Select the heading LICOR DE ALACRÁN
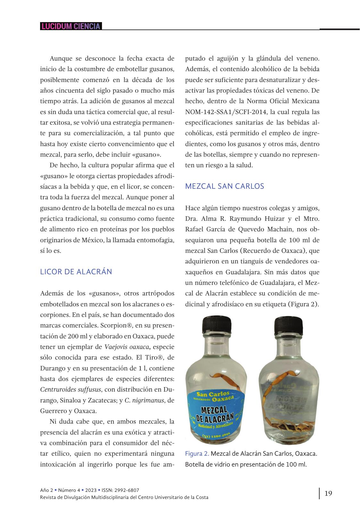[76, 272]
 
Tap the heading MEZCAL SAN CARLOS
[224, 186]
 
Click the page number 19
[328, 493]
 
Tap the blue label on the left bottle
[216, 413]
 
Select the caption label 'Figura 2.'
[197, 454]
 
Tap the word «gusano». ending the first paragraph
[147, 155]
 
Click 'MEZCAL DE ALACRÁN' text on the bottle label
[216, 414]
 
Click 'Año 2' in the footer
[46, 490]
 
